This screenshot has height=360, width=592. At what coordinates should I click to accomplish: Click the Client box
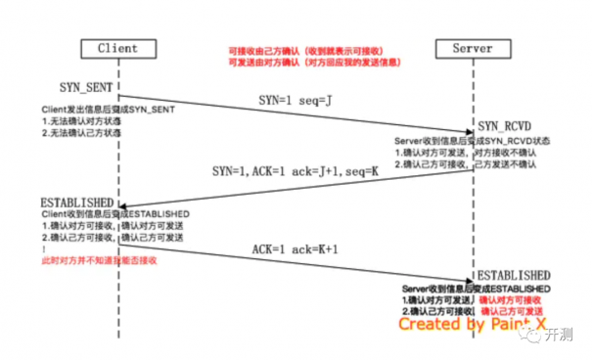pyautogui.click(x=117, y=48)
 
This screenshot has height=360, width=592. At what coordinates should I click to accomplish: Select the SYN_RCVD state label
pyautogui.click(x=506, y=127)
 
